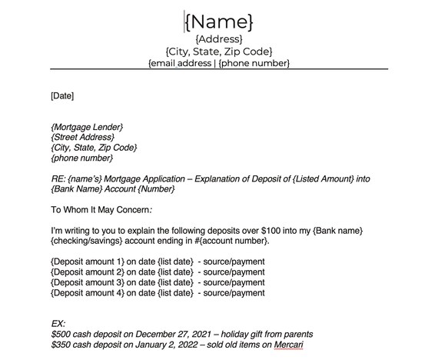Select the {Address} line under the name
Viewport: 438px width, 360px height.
[x=219, y=39]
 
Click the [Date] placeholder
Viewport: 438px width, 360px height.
[x=62, y=96]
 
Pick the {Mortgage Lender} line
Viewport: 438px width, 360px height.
[x=87, y=126]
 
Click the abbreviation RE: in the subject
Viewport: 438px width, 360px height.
[x=58, y=178]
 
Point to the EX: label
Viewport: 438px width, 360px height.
[x=58, y=324]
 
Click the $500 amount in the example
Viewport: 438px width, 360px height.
[x=61, y=335]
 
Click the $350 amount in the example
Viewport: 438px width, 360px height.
[x=61, y=345]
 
